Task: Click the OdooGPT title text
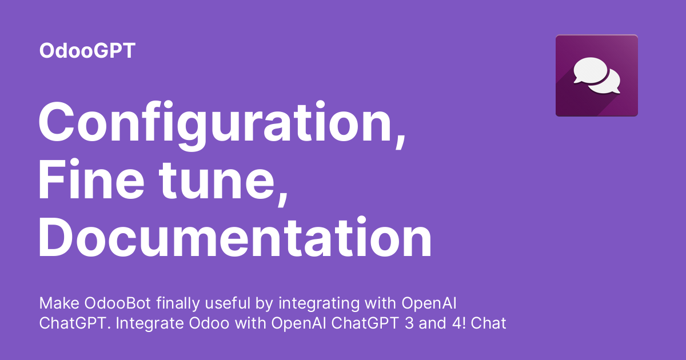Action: [87, 51]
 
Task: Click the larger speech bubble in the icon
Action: [590, 70]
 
